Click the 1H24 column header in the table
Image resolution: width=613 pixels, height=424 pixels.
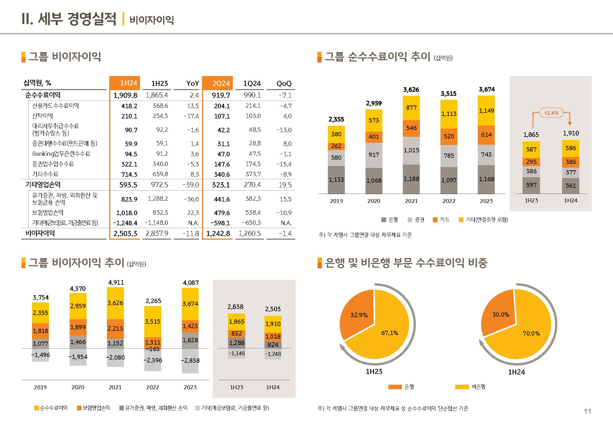point(124,83)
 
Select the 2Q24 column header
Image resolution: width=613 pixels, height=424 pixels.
point(218,83)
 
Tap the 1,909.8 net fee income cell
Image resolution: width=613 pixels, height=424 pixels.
point(125,95)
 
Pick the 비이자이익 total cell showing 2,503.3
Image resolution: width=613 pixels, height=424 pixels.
point(125,233)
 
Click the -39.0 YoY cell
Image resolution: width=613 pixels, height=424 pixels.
point(191,185)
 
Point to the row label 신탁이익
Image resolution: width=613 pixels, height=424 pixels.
point(42,116)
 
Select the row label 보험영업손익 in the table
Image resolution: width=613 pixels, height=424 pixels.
point(48,213)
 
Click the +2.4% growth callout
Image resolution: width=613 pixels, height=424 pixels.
point(551,113)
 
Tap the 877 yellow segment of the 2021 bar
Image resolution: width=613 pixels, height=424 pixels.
point(411,108)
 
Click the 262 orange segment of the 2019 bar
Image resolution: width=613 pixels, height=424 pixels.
point(336,146)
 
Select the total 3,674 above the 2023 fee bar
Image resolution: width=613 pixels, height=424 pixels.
point(487,89)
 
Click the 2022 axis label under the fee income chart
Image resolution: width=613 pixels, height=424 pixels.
point(449,201)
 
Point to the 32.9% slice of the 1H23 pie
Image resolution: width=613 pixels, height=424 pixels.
point(359,315)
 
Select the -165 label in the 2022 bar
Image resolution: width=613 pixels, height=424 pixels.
point(153,349)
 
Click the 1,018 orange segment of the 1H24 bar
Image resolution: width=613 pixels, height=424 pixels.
point(273,336)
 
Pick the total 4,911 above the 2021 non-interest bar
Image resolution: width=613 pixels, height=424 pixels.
point(116,282)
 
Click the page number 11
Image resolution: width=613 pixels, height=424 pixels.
point(587,411)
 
